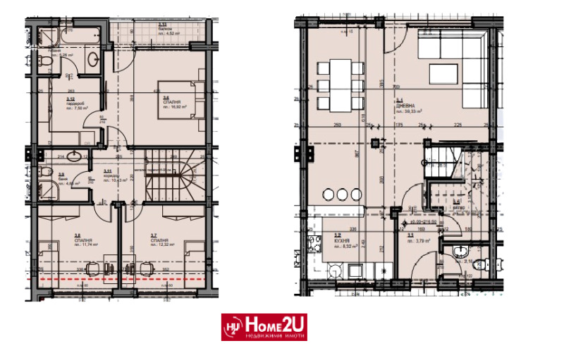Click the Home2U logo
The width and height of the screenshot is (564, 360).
point(264,327)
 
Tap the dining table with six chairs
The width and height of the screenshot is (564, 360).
point(339,85)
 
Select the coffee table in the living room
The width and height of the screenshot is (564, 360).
point(444,74)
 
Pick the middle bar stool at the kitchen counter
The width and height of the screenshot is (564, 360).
point(341,194)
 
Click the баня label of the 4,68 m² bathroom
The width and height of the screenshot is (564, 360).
point(61,179)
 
